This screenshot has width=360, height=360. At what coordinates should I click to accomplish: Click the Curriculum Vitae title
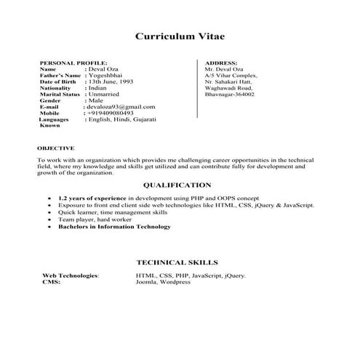click(180, 36)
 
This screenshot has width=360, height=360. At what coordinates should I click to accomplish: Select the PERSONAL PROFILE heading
click(73, 64)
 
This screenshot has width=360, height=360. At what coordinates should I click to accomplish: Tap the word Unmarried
click(107, 94)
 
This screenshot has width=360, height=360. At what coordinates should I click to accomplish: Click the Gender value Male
click(99, 100)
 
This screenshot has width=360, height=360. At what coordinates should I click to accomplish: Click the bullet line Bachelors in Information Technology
click(114, 226)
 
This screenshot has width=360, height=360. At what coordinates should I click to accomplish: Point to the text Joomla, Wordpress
click(163, 282)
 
